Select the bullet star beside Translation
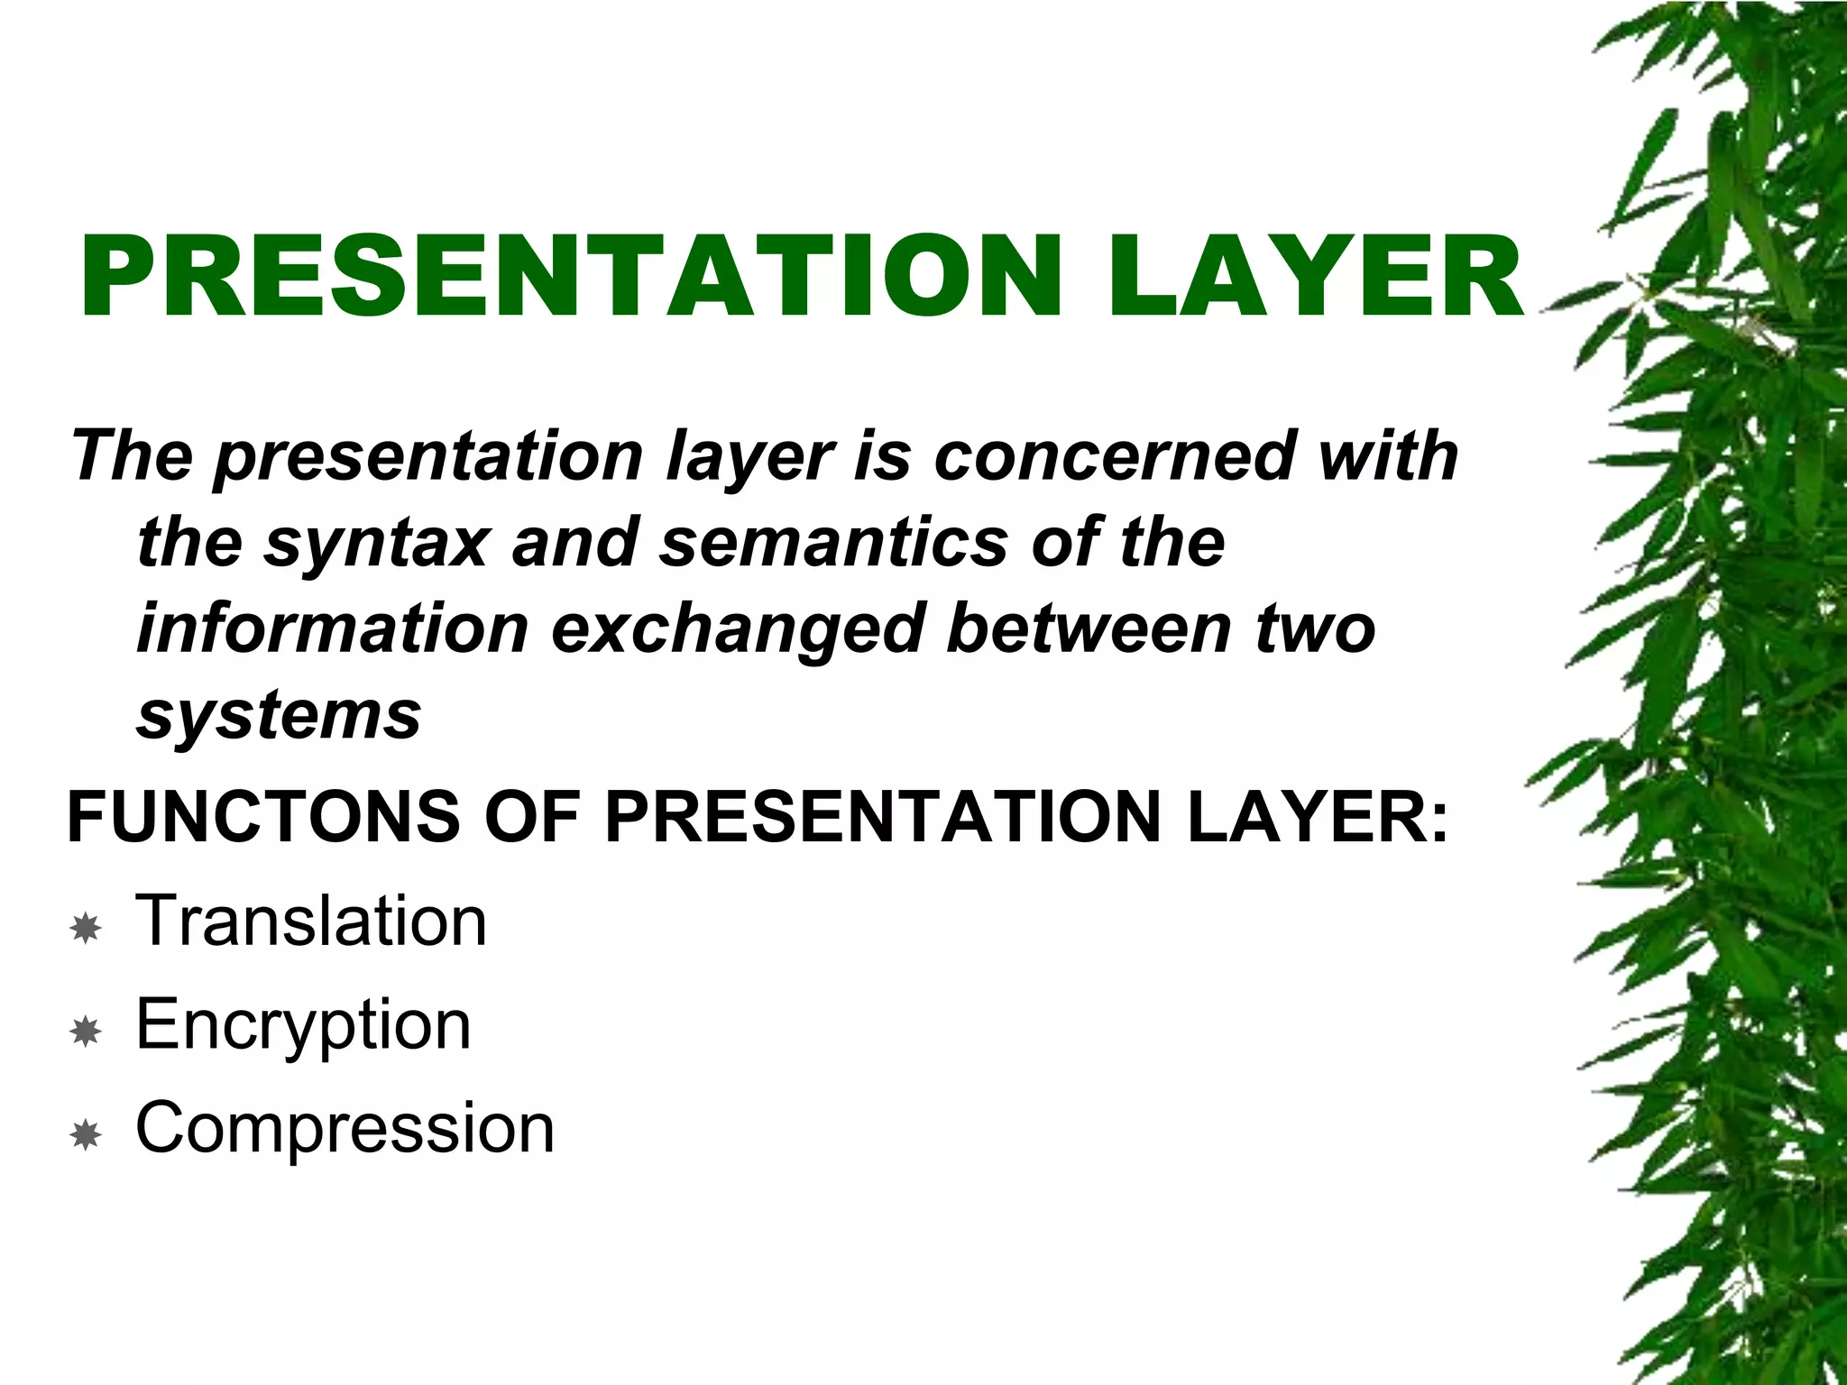tap(86, 927)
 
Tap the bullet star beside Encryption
tap(86, 1031)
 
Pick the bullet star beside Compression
tap(86, 1134)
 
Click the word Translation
tap(311, 921)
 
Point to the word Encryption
tap(303, 1026)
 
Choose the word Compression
tap(345, 1129)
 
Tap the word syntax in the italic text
tap(376, 544)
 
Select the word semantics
tap(834, 542)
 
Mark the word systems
tap(279, 716)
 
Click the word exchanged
tap(738, 629)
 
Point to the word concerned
tap(1115, 455)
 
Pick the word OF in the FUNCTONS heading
tap(531, 817)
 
